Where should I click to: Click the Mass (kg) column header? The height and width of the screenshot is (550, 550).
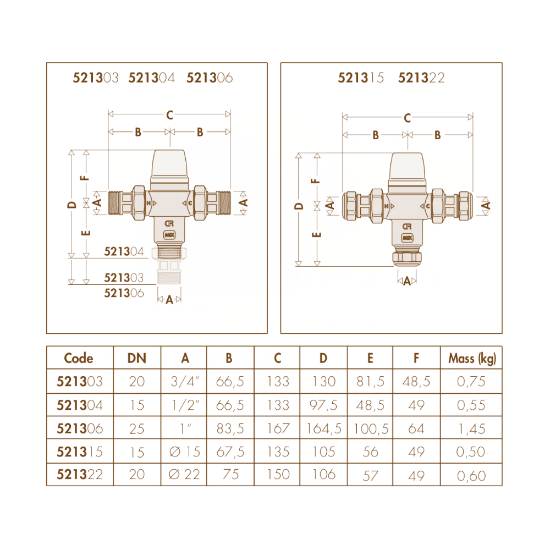point(472,358)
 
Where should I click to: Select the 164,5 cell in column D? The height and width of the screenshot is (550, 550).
point(324,428)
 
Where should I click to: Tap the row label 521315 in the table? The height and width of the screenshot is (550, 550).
point(80,452)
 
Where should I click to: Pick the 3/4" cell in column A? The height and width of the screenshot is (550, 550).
point(185,381)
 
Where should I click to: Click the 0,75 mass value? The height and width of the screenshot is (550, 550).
point(471,382)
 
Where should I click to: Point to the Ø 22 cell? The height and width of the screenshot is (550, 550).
point(184,475)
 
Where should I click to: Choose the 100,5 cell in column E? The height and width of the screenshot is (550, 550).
point(371,428)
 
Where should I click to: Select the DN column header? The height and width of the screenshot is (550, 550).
point(137,358)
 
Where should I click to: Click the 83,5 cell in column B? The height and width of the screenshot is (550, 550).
point(230,428)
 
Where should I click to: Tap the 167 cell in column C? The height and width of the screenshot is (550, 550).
point(278,428)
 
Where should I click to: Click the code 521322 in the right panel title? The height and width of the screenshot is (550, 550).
point(421,78)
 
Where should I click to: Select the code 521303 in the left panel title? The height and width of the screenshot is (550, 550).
point(95,78)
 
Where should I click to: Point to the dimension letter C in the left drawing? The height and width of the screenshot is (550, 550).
point(170,115)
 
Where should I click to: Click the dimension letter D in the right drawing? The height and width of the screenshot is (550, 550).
point(299,206)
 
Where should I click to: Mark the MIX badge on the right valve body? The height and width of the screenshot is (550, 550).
point(407,238)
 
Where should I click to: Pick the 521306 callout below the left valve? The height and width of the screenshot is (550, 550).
point(124,293)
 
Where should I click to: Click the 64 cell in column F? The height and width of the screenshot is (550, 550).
point(416,428)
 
